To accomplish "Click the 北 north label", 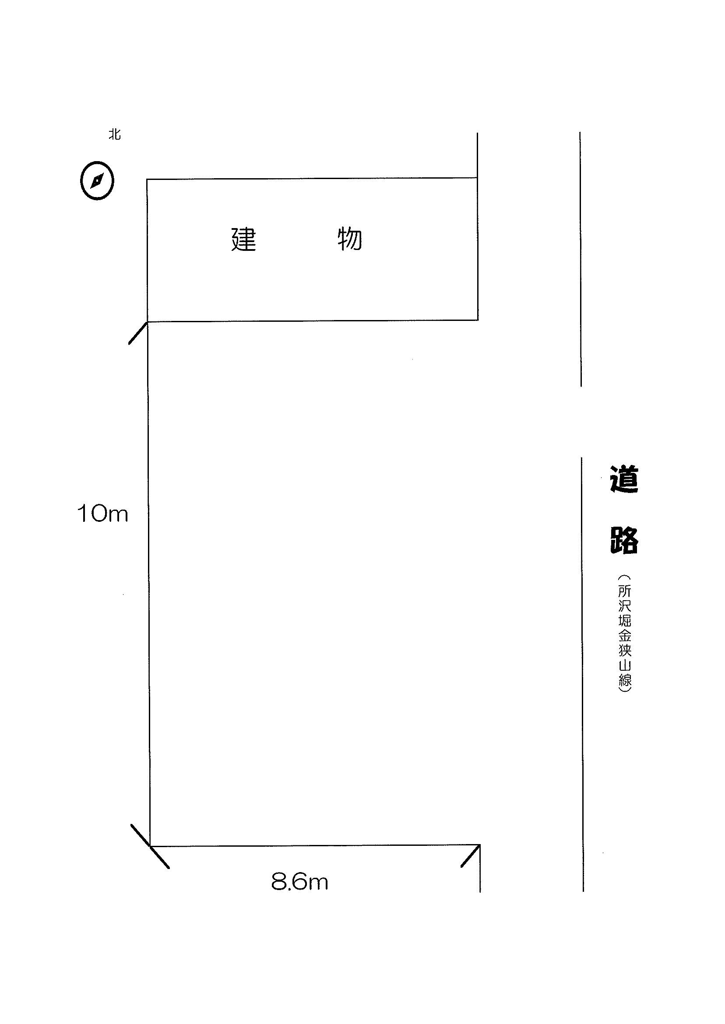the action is pyautogui.click(x=115, y=134).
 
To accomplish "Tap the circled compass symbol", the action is pyautogui.click(x=97, y=180).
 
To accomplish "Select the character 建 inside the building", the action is pyautogui.click(x=244, y=239).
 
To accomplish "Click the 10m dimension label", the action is pyautogui.click(x=103, y=514).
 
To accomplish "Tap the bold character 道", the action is pyautogui.click(x=624, y=479).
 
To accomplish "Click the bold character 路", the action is pyautogui.click(x=624, y=540).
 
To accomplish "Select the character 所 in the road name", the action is pyautogui.click(x=625, y=592).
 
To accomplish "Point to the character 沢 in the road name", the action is pyautogui.click(x=625, y=607).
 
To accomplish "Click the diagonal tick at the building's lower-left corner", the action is pyautogui.click(x=138, y=333).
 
